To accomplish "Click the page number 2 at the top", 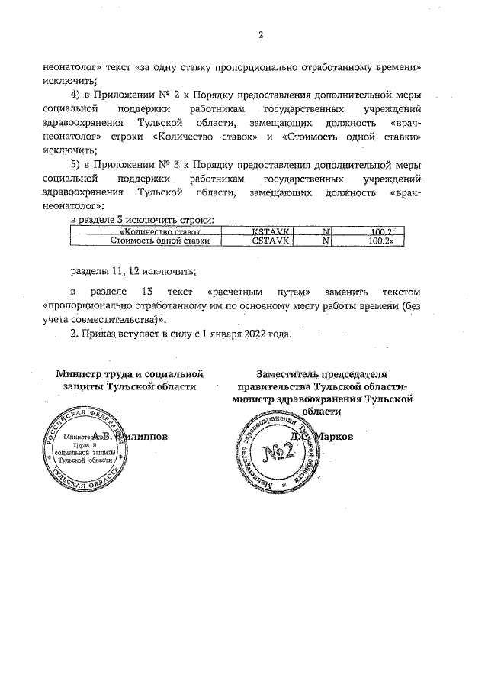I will click(x=260, y=34).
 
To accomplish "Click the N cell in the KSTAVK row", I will click(x=326, y=231).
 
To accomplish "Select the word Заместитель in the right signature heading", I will click(x=287, y=375).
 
